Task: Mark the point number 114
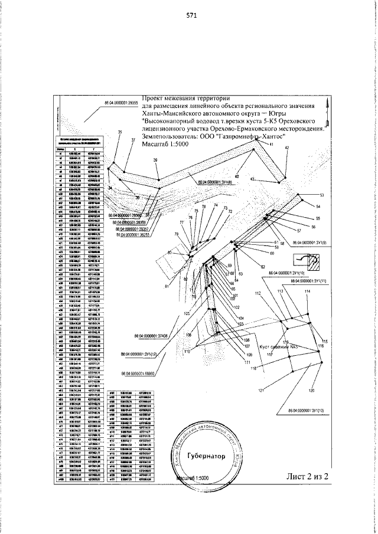click(307, 292)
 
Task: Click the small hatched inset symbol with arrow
click(308, 258)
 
